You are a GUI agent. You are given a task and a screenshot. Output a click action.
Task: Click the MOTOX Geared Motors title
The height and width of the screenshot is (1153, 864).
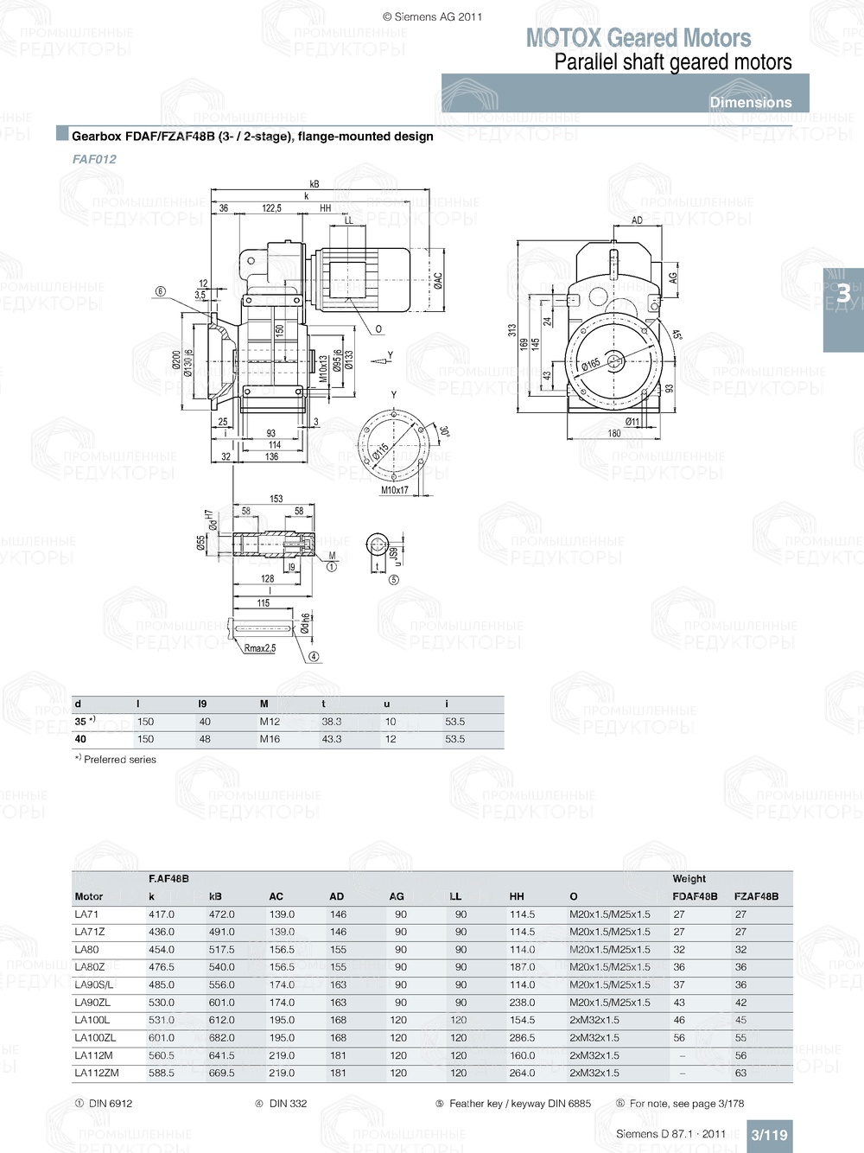click(638, 38)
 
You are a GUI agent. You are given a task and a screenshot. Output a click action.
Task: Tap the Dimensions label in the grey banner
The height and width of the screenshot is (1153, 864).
click(750, 102)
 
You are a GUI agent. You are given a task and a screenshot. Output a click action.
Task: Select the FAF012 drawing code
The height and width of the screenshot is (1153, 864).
click(94, 159)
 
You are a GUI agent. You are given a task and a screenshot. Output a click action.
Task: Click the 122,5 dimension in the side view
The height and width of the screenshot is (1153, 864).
click(272, 208)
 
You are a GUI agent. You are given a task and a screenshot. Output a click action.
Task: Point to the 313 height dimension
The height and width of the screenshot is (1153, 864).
click(512, 330)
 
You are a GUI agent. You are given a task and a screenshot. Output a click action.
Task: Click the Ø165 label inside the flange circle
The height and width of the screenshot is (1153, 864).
click(591, 364)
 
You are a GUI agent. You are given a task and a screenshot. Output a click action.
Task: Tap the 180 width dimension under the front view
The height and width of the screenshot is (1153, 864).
click(614, 434)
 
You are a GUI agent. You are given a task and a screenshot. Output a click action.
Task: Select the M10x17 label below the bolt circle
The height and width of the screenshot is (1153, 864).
click(395, 490)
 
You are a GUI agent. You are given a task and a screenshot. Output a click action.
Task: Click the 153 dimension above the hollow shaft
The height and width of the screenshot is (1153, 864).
click(276, 499)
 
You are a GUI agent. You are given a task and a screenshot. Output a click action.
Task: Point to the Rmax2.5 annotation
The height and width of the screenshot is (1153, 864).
click(260, 648)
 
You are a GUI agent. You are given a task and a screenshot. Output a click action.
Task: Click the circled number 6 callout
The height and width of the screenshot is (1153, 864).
click(160, 291)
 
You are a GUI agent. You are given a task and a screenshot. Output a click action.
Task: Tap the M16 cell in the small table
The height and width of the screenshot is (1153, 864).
click(270, 739)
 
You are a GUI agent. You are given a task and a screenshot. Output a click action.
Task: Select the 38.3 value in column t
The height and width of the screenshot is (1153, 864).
click(332, 722)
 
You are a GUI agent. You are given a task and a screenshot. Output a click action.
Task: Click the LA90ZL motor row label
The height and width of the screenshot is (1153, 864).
click(92, 1003)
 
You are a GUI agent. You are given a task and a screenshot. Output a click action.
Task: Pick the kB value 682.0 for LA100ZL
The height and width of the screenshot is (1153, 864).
click(221, 1038)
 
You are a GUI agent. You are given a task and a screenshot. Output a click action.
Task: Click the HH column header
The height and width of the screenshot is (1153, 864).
click(517, 896)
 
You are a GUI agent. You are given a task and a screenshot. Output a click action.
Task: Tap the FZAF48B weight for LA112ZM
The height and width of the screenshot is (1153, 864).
click(740, 1073)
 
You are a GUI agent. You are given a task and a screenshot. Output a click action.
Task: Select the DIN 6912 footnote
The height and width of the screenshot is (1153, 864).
click(110, 1104)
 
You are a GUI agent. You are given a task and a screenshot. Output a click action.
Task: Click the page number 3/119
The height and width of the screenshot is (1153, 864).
click(769, 1135)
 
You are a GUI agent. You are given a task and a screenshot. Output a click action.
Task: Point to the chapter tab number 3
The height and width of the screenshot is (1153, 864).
click(843, 294)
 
